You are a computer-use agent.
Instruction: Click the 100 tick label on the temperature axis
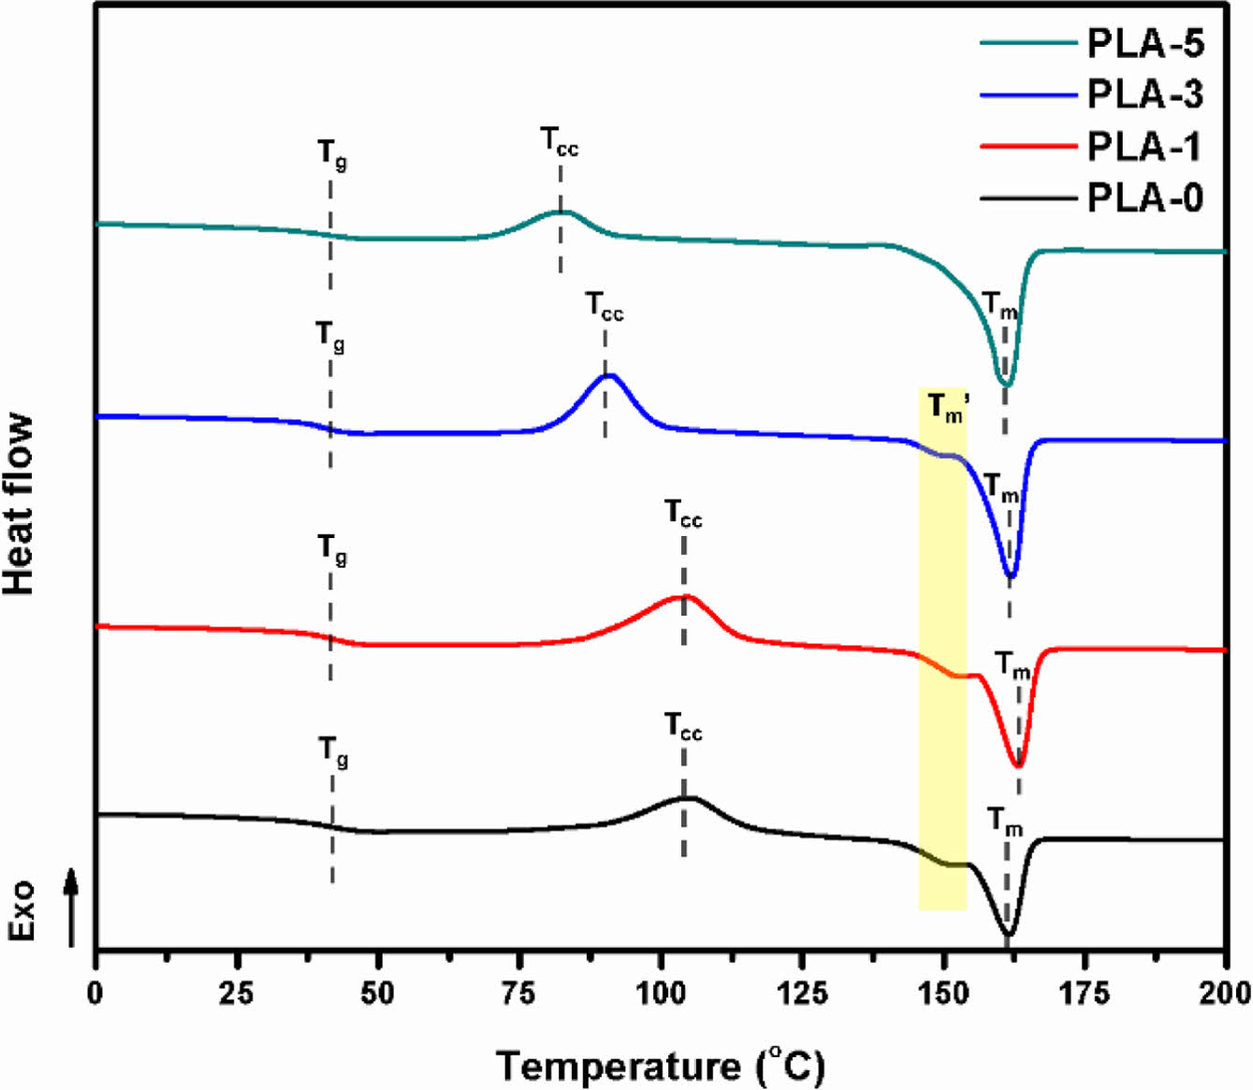click(661, 993)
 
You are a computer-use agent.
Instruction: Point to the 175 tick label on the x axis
click(1085, 993)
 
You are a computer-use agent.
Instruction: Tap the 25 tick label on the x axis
click(237, 993)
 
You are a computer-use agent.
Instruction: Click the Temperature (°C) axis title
click(660, 1066)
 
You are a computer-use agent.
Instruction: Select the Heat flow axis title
click(19, 504)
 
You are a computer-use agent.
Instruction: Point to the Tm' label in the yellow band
click(947, 409)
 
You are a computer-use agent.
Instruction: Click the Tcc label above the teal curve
click(560, 142)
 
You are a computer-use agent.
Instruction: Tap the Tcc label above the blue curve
click(605, 307)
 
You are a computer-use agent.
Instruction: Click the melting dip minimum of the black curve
click(1008, 934)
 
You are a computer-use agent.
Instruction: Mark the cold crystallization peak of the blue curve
click(608, 376)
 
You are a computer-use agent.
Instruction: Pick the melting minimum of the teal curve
click(1006, 385)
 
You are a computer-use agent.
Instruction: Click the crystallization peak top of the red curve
click(685, 596)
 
